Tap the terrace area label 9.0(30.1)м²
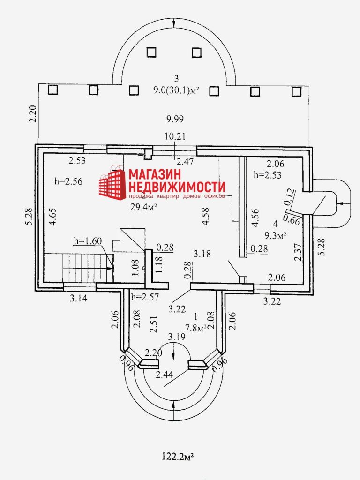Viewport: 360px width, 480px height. coord(176,91)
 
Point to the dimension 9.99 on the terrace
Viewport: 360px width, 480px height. coord(174,119)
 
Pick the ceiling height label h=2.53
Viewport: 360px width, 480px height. coord(268,176)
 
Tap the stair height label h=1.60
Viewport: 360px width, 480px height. coord(88,241)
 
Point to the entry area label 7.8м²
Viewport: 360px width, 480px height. coord(196,328)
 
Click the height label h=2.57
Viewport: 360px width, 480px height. coord(145,296)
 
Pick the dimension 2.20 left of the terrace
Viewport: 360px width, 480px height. coord(32,114)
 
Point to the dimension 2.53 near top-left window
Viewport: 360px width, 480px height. coord(78,161)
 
